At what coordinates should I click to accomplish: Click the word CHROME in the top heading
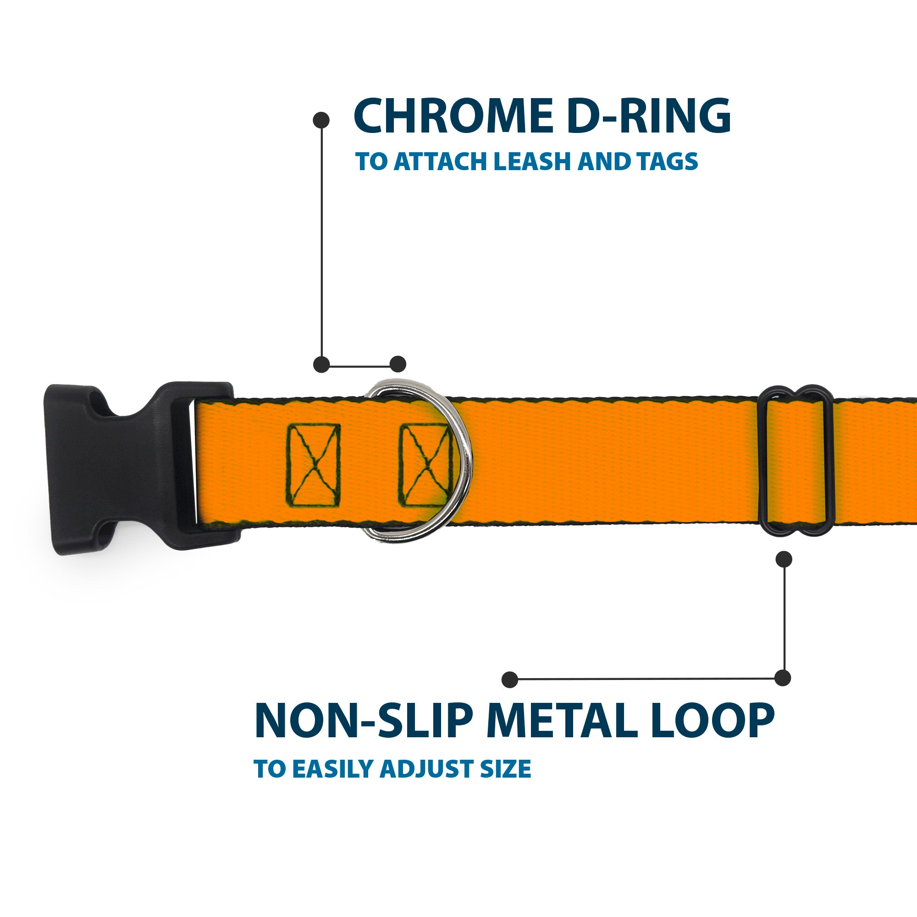(x=453, y=116)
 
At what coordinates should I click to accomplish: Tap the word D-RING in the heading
(x=648, y=116)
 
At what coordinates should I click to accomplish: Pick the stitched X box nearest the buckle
(x=314, y=465)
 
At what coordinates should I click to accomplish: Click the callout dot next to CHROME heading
(x=321, y=120)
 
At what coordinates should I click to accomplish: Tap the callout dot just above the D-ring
(x=398, y=364)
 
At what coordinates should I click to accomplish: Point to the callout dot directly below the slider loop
(x=784, y=559)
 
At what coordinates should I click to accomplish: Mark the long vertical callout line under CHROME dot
(x=322, y=242)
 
